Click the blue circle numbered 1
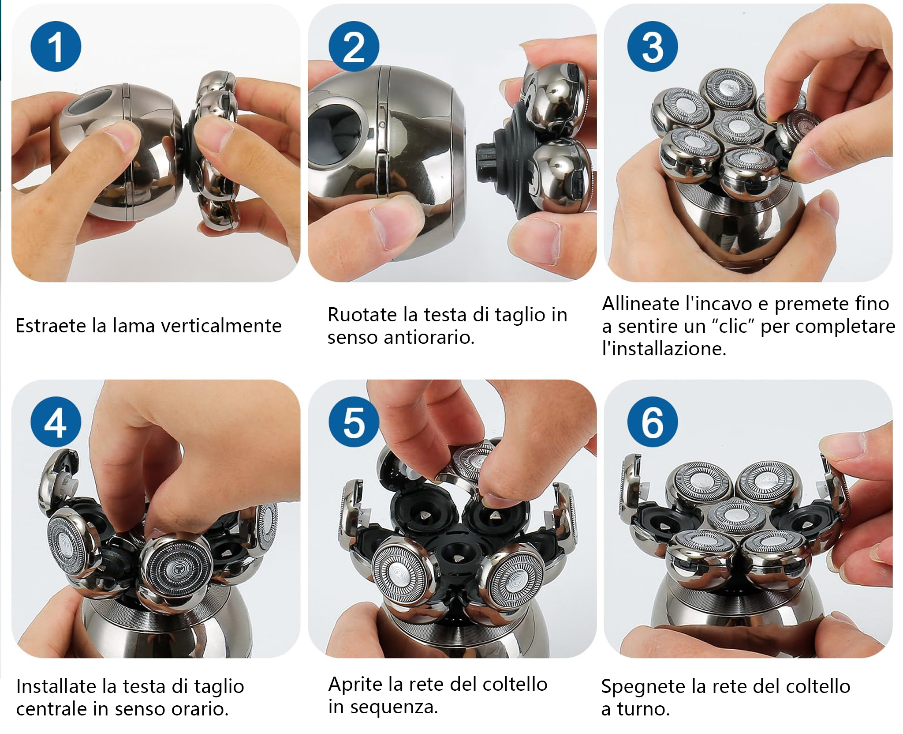pyautogui.click(x=56, y=46)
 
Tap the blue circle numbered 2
pyautogui.click(x=354, y=46)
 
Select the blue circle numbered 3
pyautogui.click(x=653, y=46)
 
